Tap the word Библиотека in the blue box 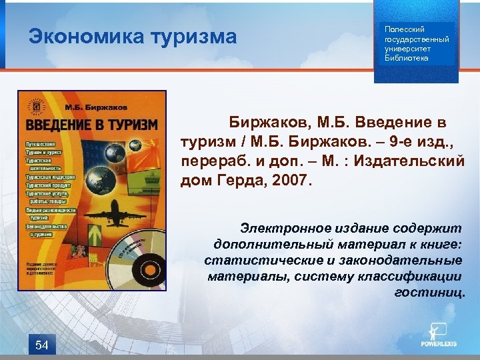click(407, 58)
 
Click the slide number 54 click(41, 345)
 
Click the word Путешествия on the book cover click(41, 144)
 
